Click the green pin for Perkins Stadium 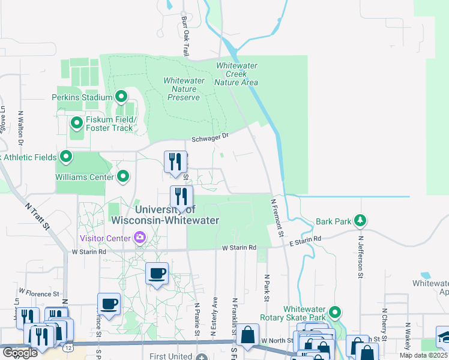121,97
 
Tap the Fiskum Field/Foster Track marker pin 76,124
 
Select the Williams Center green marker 123,176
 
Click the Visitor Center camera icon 140,238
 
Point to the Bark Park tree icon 360,221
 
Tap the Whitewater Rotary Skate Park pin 335,312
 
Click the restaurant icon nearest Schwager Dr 175,161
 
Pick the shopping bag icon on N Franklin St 247,337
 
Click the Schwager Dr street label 210,137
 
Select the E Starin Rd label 305,239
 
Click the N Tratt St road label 37,214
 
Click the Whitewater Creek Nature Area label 237,74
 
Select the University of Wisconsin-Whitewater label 176,215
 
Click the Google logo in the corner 20,353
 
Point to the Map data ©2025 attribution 423,355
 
